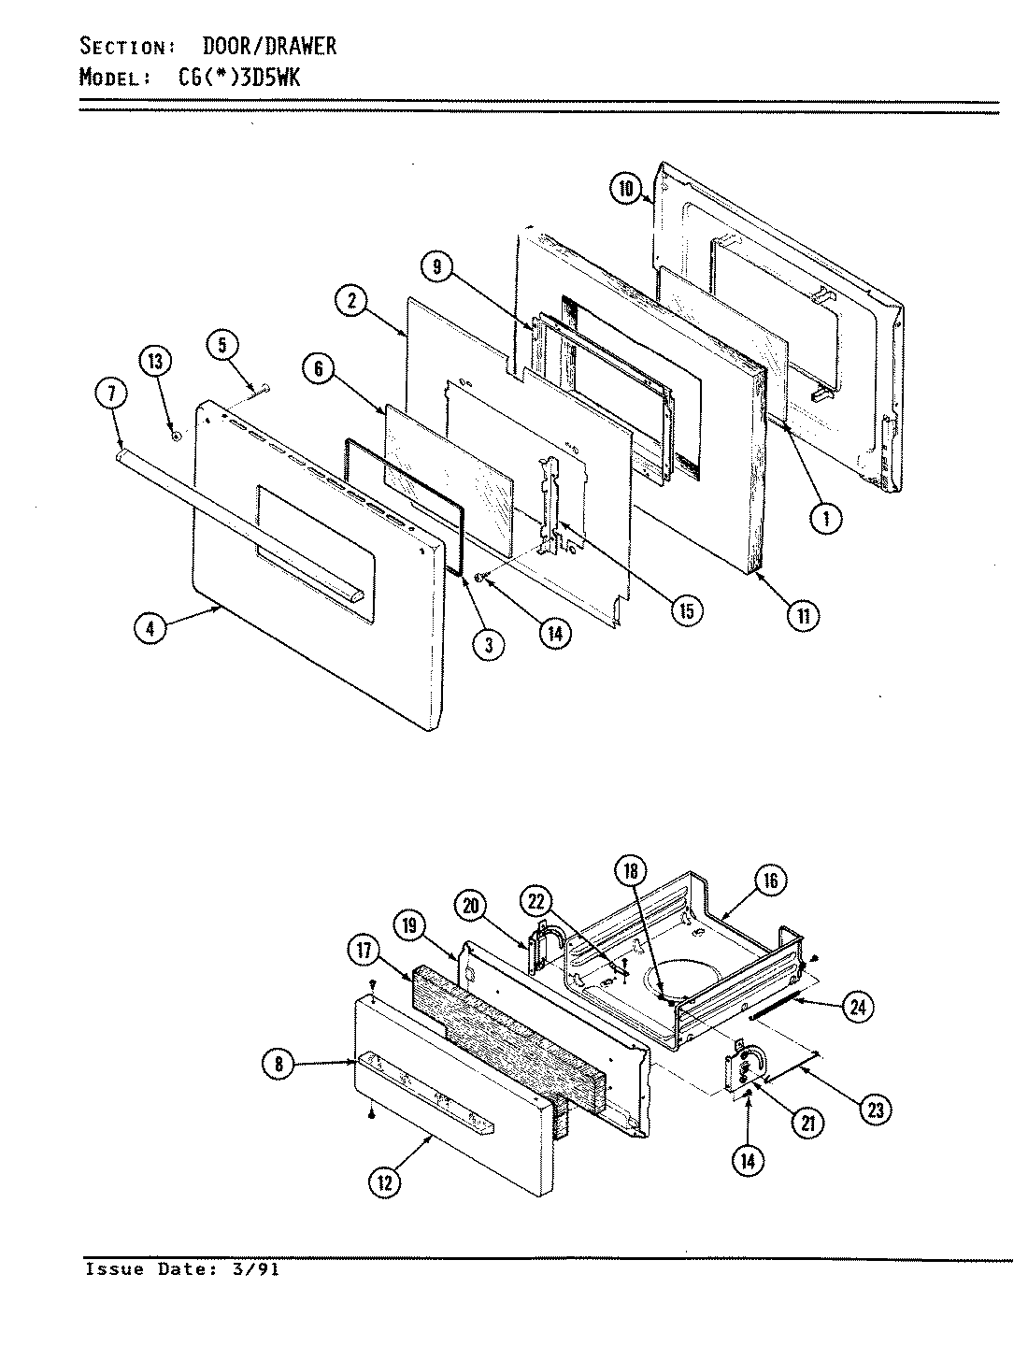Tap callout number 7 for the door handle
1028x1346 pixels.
click(x=111, y=395)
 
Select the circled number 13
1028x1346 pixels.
click(x=157, y=361)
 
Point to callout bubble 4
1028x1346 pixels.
click(x=150, y=629)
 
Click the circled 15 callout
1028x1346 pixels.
click(x=686, y=610)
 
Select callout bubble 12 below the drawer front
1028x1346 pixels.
click(x=385, y=1181)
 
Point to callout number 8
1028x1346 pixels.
click(x=279, y=1063)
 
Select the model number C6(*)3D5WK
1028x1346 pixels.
click(x=240, y=79)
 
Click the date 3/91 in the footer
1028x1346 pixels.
click(x=262, y=1269)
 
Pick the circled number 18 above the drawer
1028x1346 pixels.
click(x=631, y=870)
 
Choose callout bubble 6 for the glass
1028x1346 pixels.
click(x=318, y=369)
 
